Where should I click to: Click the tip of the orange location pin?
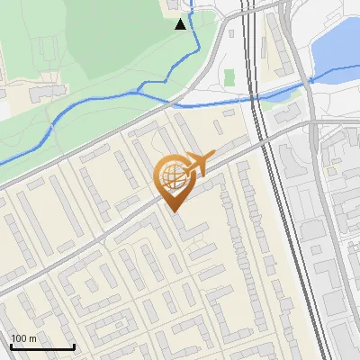pos(174,211)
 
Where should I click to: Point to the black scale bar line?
pos(42,346)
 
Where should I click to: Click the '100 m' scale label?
pos(23,337)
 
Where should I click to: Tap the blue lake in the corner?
pos(337,45)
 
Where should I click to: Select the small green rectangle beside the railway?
pos(229,78)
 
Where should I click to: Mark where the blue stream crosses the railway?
pos(256,97)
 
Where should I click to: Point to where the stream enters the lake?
pos(310,79)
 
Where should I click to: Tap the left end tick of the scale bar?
pos(11,346)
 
